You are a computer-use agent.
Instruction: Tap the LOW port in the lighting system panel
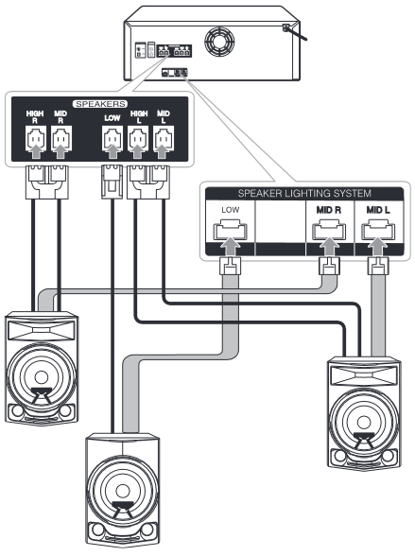coord(227,231)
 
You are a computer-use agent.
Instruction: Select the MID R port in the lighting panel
coord(327,231)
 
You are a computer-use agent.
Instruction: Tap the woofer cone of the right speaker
coord(367,417)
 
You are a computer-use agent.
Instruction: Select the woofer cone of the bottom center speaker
coord(122,492)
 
